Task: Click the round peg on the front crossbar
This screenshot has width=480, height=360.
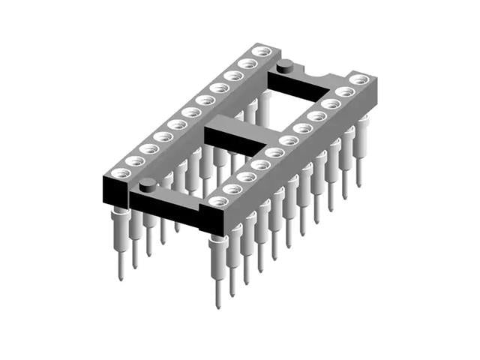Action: pos(148,182)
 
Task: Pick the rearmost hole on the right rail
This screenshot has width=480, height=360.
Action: pos(359,79)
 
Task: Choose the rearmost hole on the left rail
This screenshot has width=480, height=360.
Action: pos(261,51)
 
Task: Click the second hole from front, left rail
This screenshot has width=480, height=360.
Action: pos(134,160)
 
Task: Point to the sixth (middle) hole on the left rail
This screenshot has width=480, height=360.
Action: pos(190,112)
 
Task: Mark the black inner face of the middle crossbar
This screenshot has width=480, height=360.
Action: pos(229,142)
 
